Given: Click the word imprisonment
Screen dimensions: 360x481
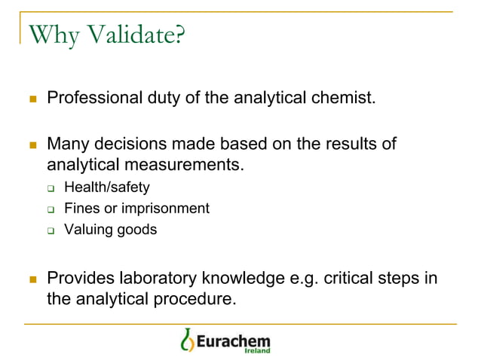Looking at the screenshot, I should [166, 208].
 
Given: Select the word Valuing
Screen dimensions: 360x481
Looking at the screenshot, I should [87, 229].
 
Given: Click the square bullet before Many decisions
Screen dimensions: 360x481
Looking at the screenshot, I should [32, 144].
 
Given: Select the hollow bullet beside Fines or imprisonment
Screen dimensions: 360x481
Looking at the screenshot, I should [51, 209].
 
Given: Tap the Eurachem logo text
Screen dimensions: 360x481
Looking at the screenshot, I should [233, 338].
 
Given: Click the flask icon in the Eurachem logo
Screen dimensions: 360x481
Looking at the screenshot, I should [187, 340].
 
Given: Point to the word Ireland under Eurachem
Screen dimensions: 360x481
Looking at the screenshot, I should [257, 350].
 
